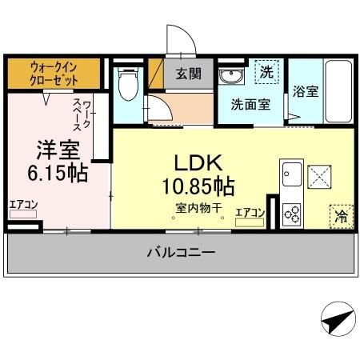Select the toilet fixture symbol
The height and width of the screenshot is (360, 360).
click(126, 84)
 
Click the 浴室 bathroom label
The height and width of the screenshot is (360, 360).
click(306, 91)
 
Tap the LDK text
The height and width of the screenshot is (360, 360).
click(194, 163)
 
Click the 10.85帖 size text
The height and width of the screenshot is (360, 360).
click(201, 187)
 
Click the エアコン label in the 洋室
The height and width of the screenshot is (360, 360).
click(23, 205)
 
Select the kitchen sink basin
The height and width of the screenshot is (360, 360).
click(290, 173)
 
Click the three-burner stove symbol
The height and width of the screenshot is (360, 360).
click(291, 214)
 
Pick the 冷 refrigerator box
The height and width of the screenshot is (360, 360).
click(340, 216)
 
